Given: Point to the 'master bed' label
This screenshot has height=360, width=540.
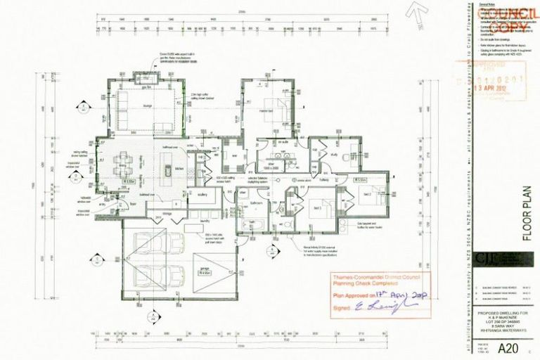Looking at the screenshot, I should tap(265, 111).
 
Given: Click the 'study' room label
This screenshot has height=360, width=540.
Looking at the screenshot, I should tap(335, 153).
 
